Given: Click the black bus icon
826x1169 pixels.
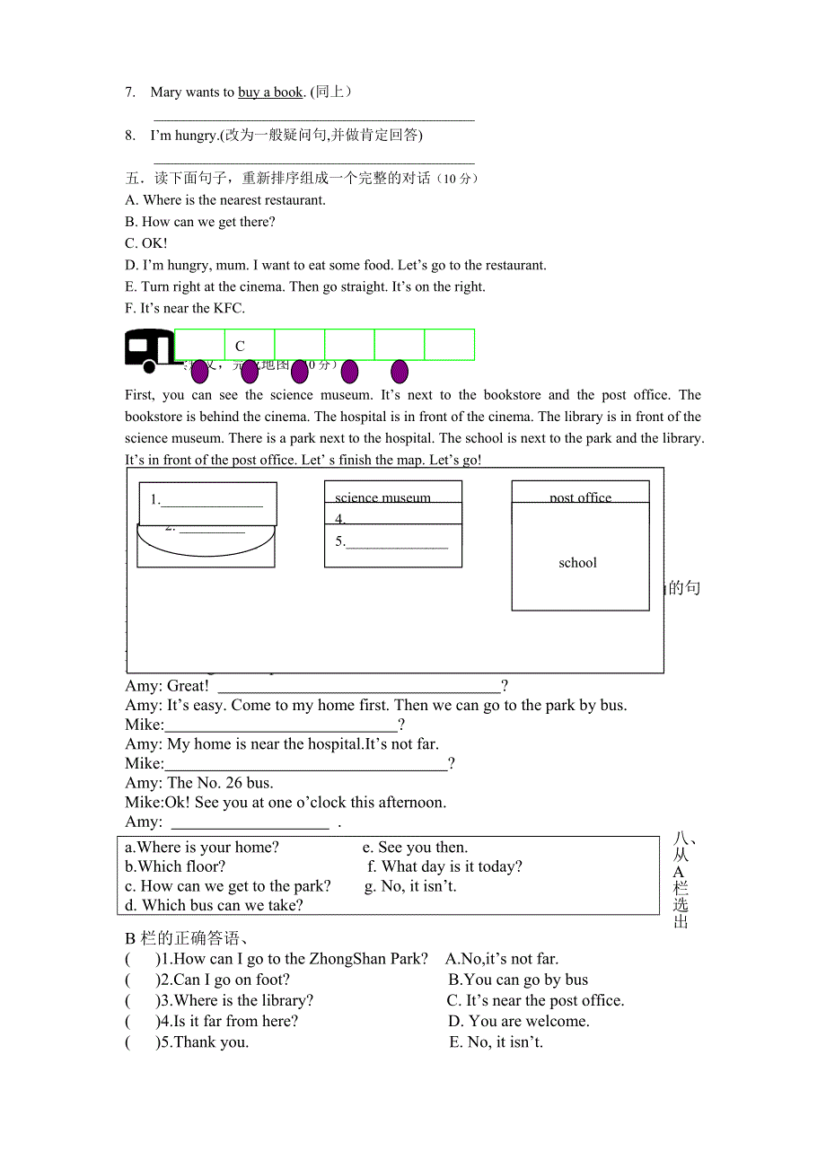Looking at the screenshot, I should tap(149, 350).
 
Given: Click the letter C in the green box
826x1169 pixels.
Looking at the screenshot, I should tap(240, 346).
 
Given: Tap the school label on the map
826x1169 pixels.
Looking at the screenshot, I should tap(577, 563).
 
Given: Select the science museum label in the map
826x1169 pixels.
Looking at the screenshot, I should tap(382, 497).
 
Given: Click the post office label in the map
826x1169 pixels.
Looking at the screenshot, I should tap(580, 497).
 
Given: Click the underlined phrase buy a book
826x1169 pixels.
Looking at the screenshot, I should tap(270, 92).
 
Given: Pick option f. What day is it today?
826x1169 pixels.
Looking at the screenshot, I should tap(445, 866).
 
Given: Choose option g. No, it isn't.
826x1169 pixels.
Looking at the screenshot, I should tap(411, 886).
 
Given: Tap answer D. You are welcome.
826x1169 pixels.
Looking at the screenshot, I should tap(518, 1021).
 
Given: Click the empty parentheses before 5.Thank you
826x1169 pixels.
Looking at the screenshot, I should tap(141, 1042).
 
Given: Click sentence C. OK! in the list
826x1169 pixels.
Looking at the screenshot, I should tap(146, 243).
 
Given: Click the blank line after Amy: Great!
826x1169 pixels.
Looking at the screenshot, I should tap(359, 687).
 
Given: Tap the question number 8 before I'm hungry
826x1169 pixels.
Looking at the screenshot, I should tap(130, 136).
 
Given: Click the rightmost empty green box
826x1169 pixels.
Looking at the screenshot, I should tap(449, 345).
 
